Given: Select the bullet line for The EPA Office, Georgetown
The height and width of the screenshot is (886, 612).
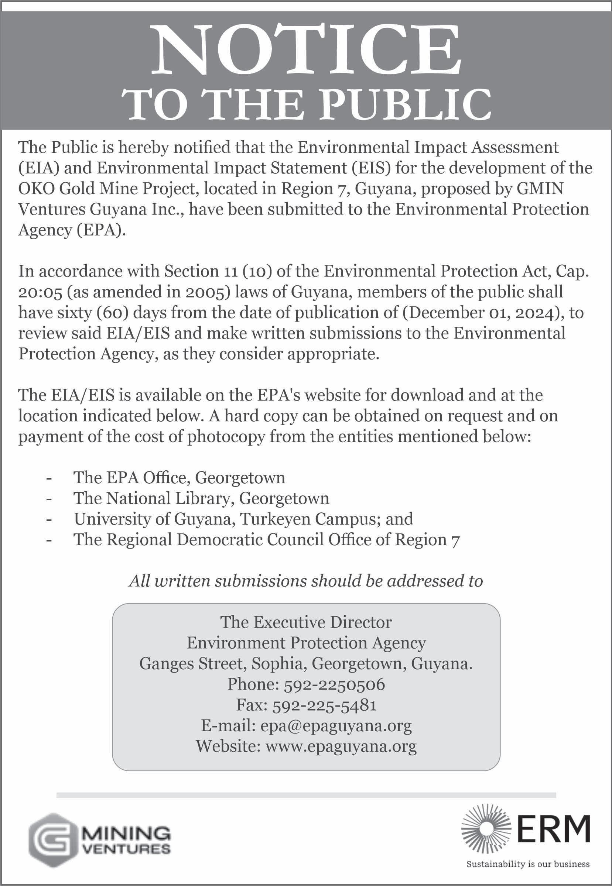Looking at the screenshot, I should coord(179,478).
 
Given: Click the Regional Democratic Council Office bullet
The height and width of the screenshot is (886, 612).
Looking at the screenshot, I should coord(267,540).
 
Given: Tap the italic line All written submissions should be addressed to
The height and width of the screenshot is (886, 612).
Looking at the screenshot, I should coord(305,581).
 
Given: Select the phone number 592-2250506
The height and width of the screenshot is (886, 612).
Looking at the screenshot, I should coord(334,684).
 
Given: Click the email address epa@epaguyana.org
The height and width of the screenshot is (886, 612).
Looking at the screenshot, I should coord(335,725).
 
